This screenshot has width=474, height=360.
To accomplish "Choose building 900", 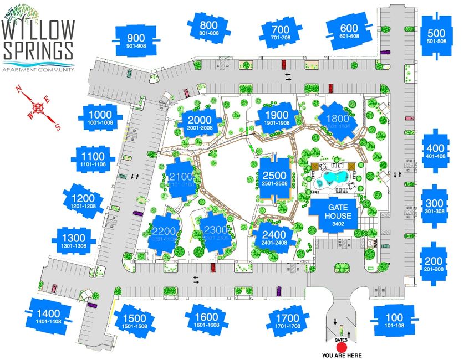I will coord(136,40).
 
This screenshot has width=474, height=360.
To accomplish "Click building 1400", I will coord(49,316).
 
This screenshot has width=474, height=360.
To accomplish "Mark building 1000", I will coord(100,117).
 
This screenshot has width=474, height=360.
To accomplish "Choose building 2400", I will coord(274,237).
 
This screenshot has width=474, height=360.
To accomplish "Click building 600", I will coord(349,31).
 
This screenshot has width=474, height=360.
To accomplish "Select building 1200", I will coord(83,201).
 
